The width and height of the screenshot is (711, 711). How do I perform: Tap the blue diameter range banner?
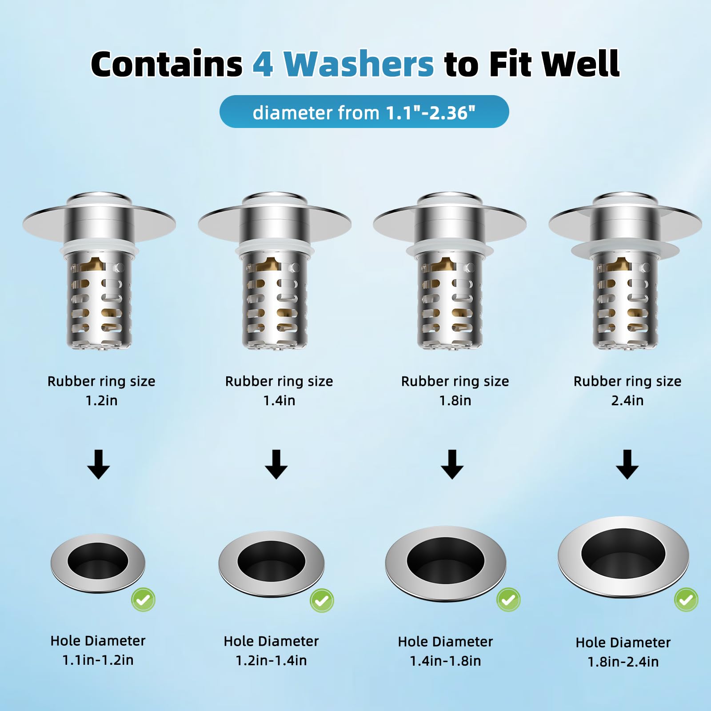point(364,112)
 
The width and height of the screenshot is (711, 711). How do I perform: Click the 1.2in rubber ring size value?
point(101,400)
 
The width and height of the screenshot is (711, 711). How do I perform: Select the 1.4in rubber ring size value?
point(279,400)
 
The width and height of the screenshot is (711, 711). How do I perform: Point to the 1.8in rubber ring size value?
point(455,400)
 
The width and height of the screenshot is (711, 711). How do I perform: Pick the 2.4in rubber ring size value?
point(627,400)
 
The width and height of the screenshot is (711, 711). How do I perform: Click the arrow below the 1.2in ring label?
point(99,464)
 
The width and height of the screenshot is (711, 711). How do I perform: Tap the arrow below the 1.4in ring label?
point(276,464)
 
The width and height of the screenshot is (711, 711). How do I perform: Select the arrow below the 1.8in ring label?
point(452,464)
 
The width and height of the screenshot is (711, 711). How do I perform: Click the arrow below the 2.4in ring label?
point(627,464)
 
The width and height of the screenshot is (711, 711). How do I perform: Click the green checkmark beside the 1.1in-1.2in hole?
point(143,599)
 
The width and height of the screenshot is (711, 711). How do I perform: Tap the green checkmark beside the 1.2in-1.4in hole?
point(322,600)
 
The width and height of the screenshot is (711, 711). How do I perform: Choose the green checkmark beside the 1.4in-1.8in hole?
point(508,599)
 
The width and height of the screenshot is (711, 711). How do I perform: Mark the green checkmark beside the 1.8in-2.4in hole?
point(686,599)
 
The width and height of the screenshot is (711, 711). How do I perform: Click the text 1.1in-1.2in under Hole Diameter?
point(98,660)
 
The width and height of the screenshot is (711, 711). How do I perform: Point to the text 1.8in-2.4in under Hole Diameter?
point(623,662)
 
